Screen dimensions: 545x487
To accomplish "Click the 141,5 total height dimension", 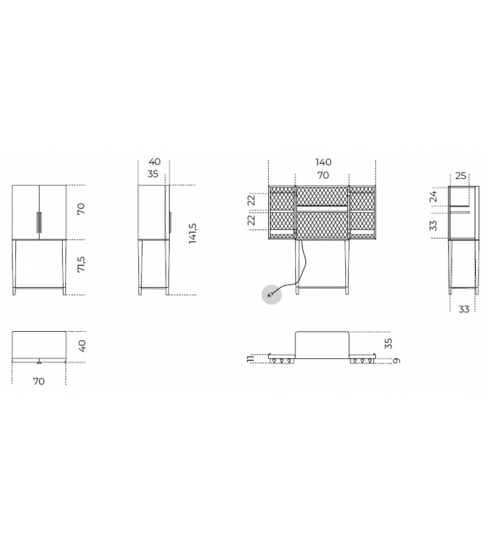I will coord(193,233).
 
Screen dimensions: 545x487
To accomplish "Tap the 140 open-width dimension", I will coord(323,162).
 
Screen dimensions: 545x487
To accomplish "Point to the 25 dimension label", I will coord(461,176).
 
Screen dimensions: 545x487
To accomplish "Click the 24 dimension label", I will coord(433,196).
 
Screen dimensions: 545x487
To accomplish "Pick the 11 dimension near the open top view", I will coord(249,359).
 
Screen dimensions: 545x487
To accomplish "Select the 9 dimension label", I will coord(396,361).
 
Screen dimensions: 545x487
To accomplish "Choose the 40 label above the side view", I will coord(154,161).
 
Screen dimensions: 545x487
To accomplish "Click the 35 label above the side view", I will coord(154,174).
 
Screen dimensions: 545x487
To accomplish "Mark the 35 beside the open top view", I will coord(389,343).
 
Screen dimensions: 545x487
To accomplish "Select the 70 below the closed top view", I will coord(39,381).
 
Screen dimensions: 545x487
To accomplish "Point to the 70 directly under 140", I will coord(323,175).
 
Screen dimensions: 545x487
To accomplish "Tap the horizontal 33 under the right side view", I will coord(463,309).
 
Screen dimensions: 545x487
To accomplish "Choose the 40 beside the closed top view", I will coord(82,346).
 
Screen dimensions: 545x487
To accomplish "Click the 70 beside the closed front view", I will coord(82,209).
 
